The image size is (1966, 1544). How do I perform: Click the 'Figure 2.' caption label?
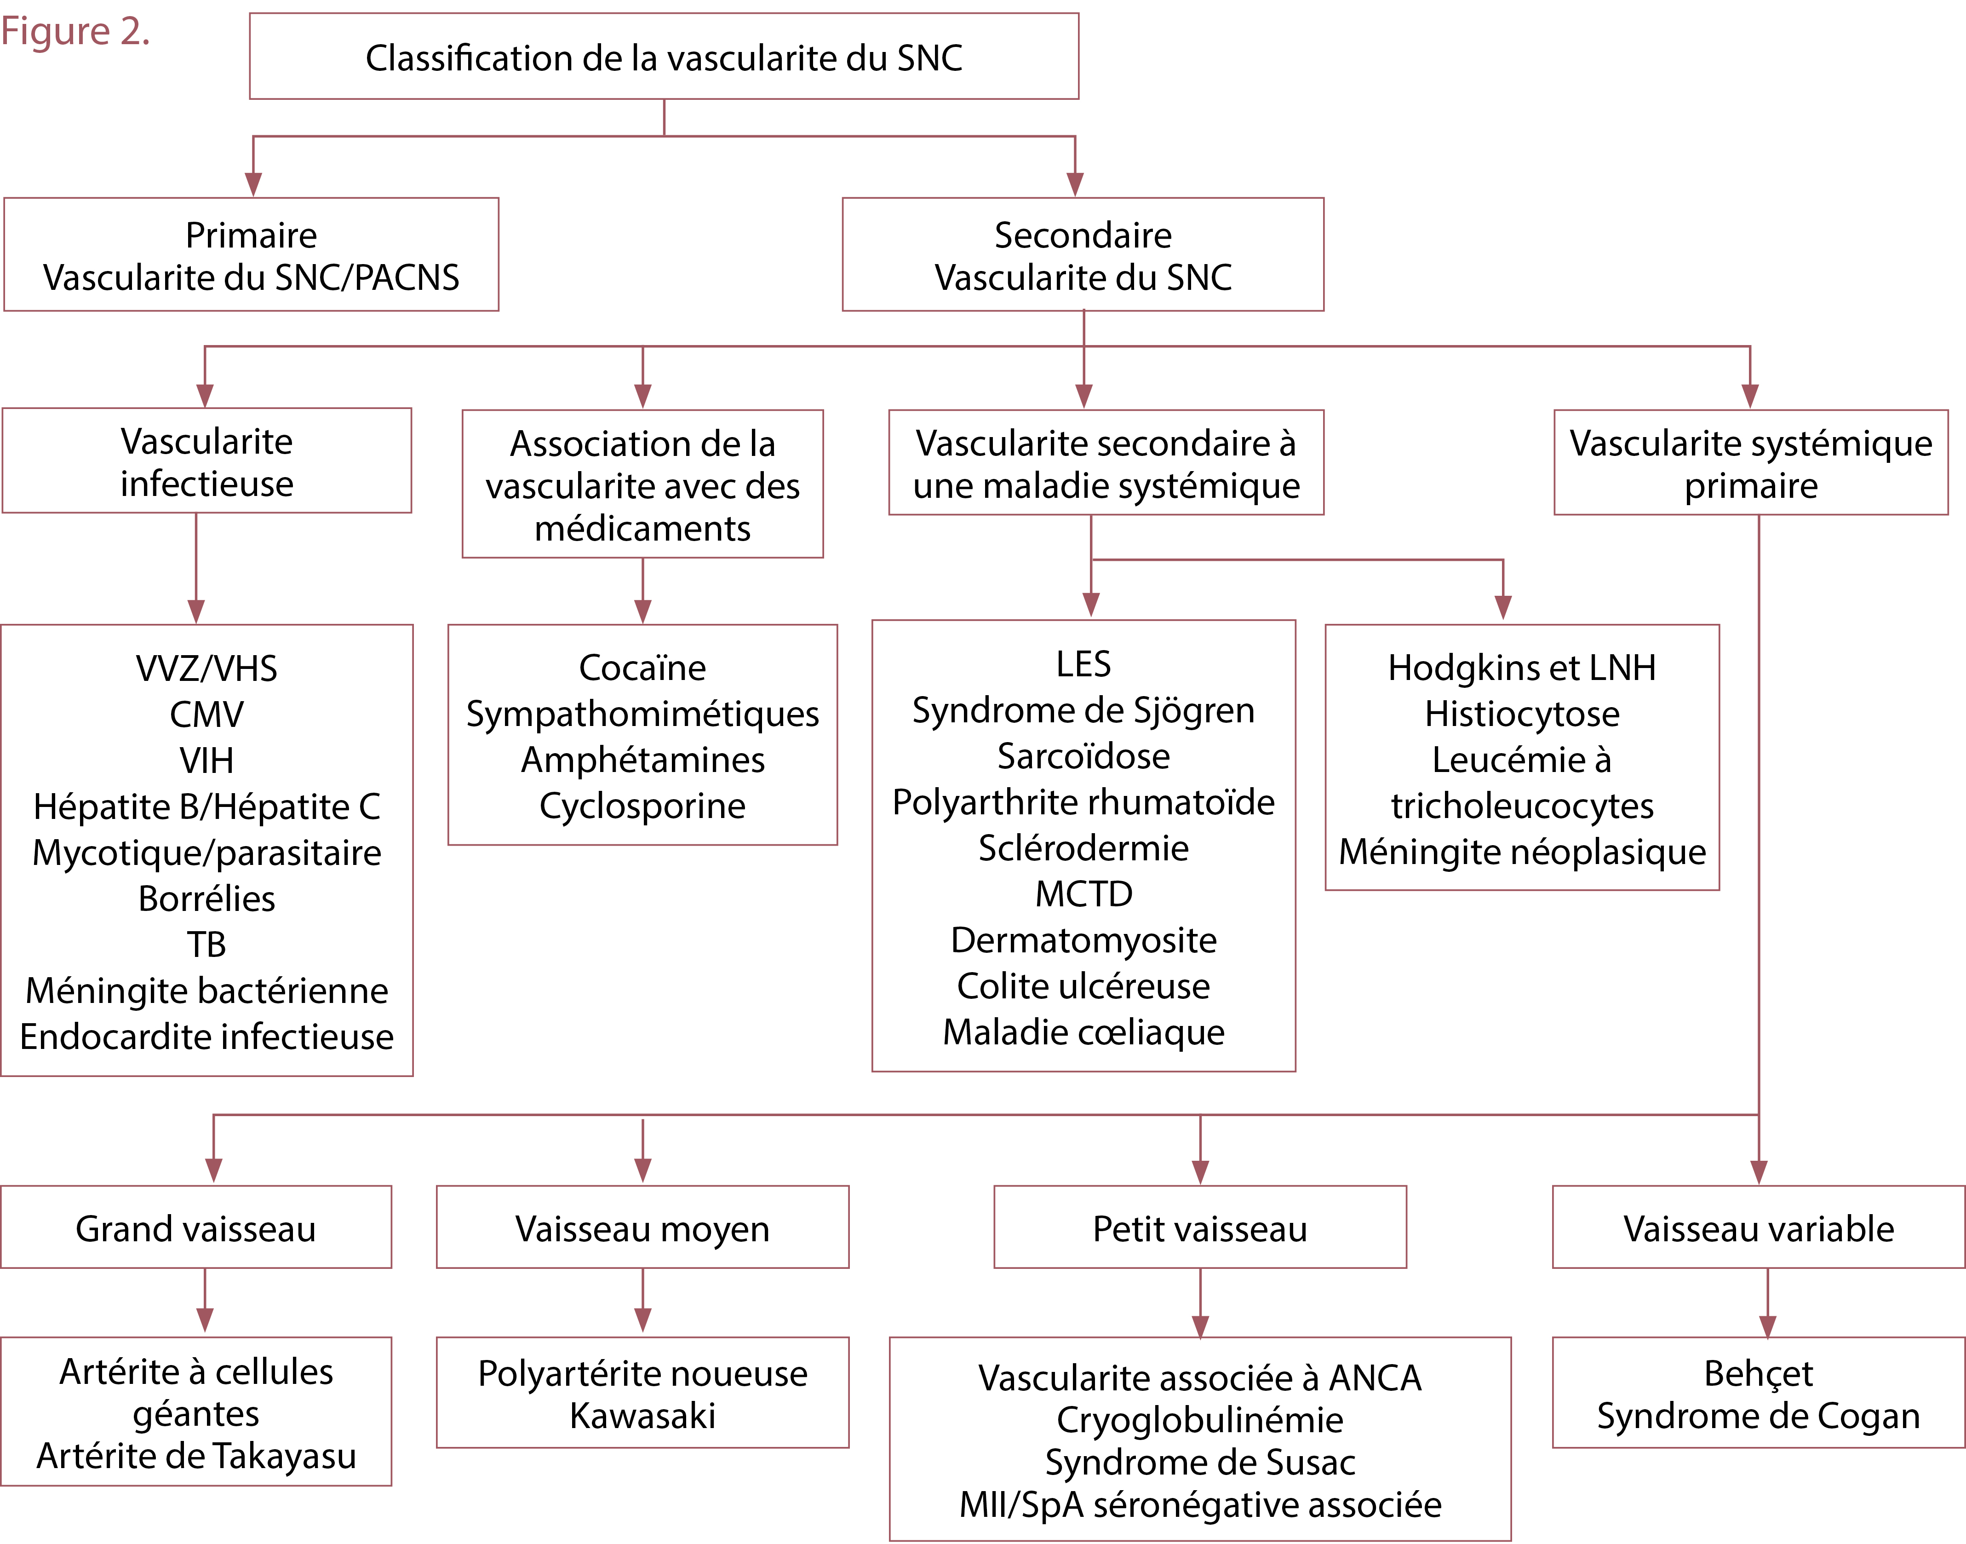[x=75, y=32]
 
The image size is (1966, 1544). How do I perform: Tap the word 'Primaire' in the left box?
[x=251, y=235]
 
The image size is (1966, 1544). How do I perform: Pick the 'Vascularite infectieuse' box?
[x=207, y=461]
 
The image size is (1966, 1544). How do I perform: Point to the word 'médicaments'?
[x=642, y=528]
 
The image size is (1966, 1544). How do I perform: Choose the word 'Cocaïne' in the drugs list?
[x=642, y=668]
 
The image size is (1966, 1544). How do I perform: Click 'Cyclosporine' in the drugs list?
[x=642, y=806]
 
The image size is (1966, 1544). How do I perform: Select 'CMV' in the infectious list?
[x=207, y=714]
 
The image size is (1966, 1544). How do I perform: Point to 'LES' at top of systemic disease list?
[x=1083, y=664]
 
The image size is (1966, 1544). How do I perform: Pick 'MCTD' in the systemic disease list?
[x=1083, y=894]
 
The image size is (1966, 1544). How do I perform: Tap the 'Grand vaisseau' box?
[x=196, y=1228]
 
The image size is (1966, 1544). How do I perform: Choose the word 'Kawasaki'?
[x=642, y=1416]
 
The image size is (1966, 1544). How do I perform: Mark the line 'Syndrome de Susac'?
[x=1200, y=1462]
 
